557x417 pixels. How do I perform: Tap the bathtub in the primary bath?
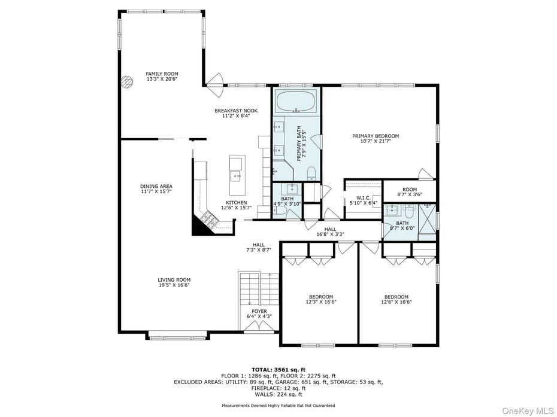(x=296, y=101)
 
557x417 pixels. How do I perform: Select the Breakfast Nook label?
(x=236, y=111)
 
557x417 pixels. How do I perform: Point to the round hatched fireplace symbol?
(x=128, y=82)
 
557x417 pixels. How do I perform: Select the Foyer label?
(x=259, y=311)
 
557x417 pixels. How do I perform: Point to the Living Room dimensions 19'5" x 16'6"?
(x=174, y=285)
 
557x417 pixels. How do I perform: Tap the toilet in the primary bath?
(x=311, y=174)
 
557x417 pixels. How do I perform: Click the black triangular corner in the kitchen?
(x=198, y=226)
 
